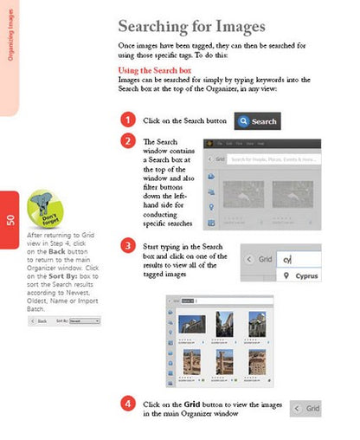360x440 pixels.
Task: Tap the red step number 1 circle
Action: (127, 120)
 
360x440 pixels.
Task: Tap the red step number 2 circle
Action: (127, 141)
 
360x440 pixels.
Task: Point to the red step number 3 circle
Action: (127, 246)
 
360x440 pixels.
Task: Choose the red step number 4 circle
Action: (127, 404)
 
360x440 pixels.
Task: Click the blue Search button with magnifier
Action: (257, 121)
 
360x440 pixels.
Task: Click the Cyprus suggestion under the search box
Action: (300, 276)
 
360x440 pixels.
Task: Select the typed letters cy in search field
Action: (289, 258)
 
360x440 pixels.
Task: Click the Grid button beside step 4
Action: (308, 408)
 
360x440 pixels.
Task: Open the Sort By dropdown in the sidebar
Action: (84, 320)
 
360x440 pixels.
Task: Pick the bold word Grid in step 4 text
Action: (193, 404)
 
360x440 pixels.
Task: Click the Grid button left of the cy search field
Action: (259, 258)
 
